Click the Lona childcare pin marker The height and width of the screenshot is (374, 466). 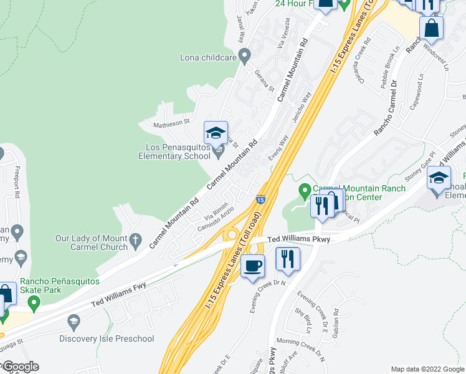pos(245,57)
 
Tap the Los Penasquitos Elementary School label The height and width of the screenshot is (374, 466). pos(174,151)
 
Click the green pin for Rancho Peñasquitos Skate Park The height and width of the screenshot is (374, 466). pos(34,304)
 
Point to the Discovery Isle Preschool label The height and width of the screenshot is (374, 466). pos(107,338)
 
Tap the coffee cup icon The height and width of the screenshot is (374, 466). pos(252,266)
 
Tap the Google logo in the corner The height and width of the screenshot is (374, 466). pos(20,367)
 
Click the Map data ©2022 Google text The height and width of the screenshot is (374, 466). pos(427,368)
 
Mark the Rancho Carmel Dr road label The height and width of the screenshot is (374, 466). pos(384,110)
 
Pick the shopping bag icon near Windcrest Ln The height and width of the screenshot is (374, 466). pos(431,27)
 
